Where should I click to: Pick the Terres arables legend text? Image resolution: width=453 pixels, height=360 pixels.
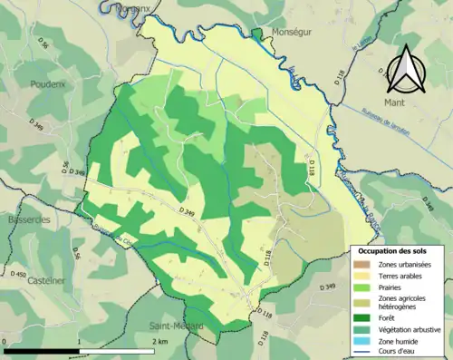[403, 275]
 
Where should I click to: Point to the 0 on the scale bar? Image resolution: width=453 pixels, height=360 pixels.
[5, 343]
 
